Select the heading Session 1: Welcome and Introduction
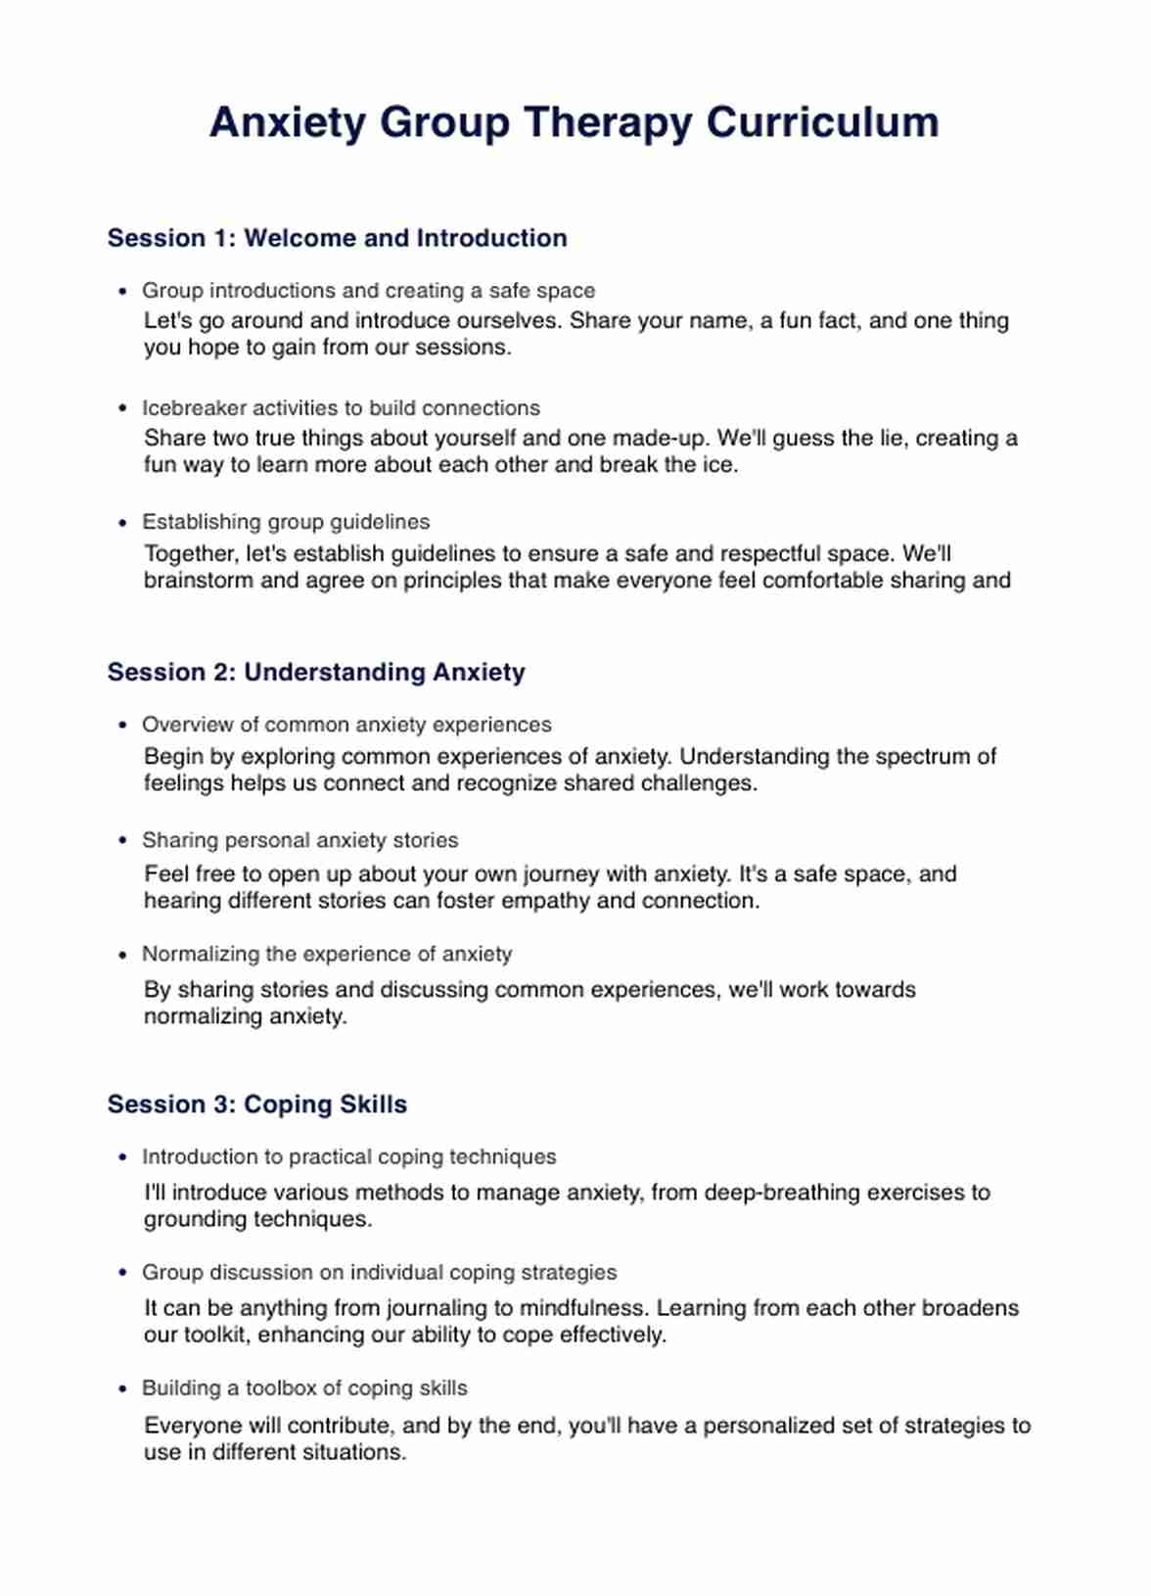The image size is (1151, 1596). point(337,238)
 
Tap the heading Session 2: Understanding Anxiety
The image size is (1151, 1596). point(316,672)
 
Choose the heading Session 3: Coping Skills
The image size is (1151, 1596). point(256,1104)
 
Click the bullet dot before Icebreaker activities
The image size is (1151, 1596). point(122,408)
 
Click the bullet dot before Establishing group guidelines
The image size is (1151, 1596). point(122,523)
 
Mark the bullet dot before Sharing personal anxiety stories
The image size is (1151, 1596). point(122,840)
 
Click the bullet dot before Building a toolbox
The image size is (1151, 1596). point(122,1388)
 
